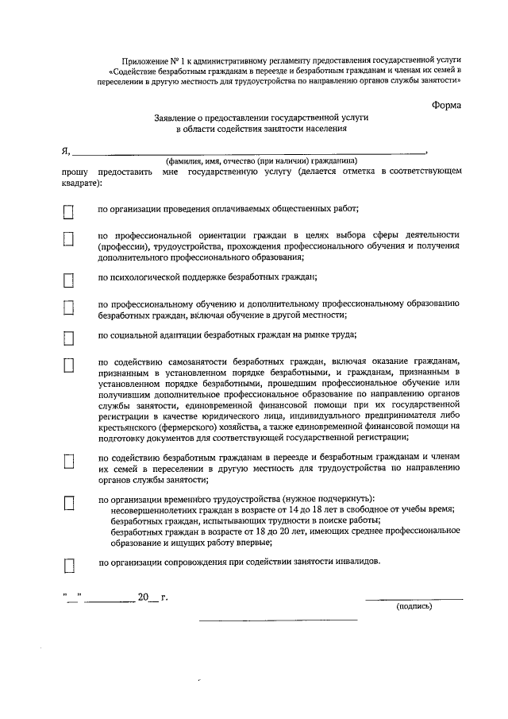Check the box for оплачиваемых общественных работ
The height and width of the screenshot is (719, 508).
[68, 211]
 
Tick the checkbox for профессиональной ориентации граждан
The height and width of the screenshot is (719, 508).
[68, 238]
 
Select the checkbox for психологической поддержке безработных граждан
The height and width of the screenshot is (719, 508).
[68, 279]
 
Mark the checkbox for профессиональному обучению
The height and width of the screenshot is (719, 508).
[68, 307]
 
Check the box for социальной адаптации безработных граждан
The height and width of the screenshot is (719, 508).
[68, 337]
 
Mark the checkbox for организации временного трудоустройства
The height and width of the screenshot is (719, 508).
[68, 501]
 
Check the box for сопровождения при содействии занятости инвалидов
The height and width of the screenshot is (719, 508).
[68, 564]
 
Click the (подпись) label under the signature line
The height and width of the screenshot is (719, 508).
[414, 606]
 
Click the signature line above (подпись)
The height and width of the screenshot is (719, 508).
[414, 597]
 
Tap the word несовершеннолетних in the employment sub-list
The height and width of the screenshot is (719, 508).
[152, 509]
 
